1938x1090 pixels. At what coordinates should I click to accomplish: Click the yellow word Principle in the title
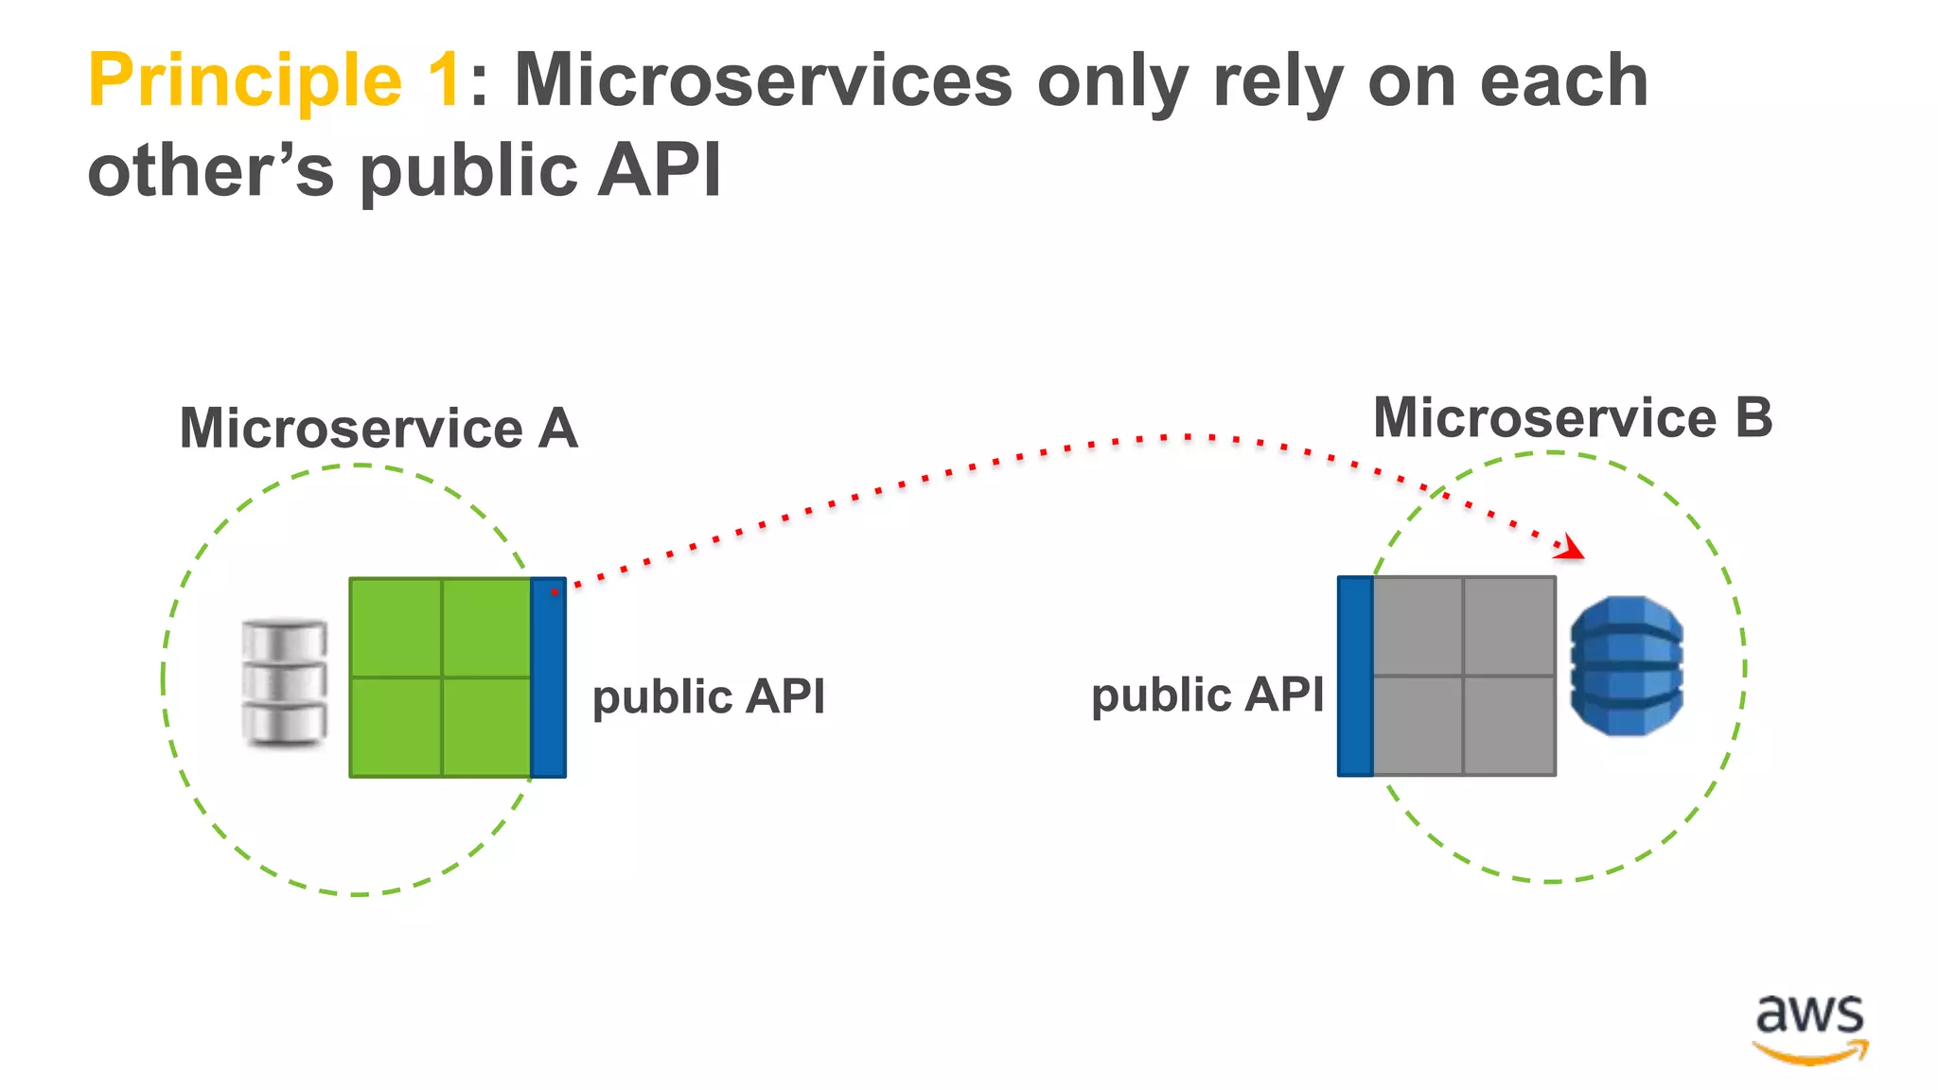tap(244, 80)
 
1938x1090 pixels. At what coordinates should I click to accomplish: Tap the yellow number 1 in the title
tap(443, 80)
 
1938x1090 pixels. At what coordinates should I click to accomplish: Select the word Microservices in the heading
tap(763, 80)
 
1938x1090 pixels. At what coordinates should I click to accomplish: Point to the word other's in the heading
tap(210, 170)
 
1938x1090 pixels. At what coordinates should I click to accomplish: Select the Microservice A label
tap(379, 429)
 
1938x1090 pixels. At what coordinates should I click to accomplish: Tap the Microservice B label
tap(1572, 418)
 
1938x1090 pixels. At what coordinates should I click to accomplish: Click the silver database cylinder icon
tap(284, 681)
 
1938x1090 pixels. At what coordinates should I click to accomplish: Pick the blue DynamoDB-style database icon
tap(1626, 665)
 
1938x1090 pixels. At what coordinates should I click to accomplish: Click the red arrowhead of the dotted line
tap(1573, 548)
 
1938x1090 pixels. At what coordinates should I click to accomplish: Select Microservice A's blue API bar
tap(548, 677)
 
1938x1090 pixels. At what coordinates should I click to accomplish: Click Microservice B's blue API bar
tap(1354, 676)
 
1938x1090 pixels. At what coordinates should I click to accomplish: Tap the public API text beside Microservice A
tap(708, 697)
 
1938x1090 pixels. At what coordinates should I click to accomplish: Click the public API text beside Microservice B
tap(1207, 695)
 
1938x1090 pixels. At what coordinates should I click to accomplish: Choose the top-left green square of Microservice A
tap(396, 627)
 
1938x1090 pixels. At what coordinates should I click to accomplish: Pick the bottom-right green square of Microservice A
tap(486, 727)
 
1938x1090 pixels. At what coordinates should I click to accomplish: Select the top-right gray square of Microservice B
tap(1509, 625)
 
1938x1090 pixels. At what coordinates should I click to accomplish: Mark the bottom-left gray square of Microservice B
tap(1418, 725)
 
